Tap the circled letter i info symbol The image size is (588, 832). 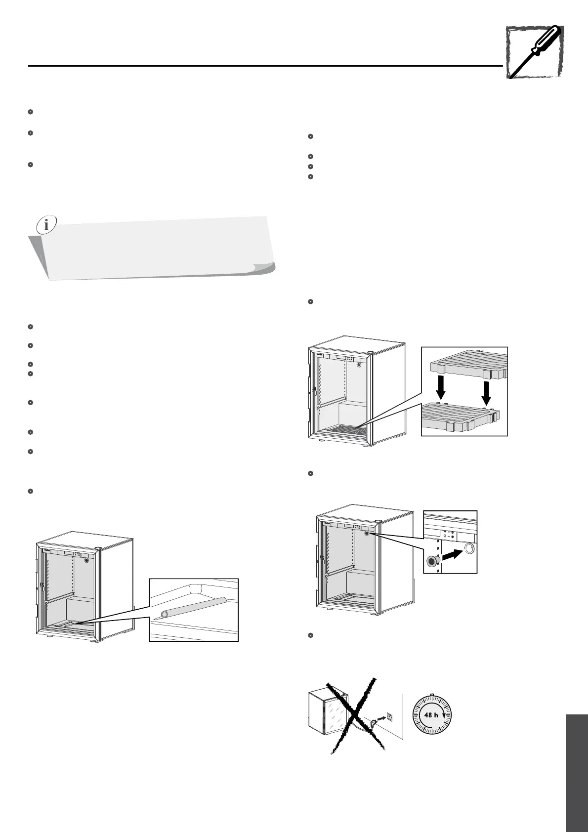point(46,225)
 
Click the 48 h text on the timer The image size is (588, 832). point(431,715)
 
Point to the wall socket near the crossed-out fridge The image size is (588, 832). point(389,716)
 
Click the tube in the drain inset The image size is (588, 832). point(194,607)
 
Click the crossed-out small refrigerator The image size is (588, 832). point(329,714)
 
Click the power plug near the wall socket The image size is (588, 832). point(371,724)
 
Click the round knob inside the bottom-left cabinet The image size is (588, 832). point(86,561)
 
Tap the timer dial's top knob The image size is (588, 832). point(432,695)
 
